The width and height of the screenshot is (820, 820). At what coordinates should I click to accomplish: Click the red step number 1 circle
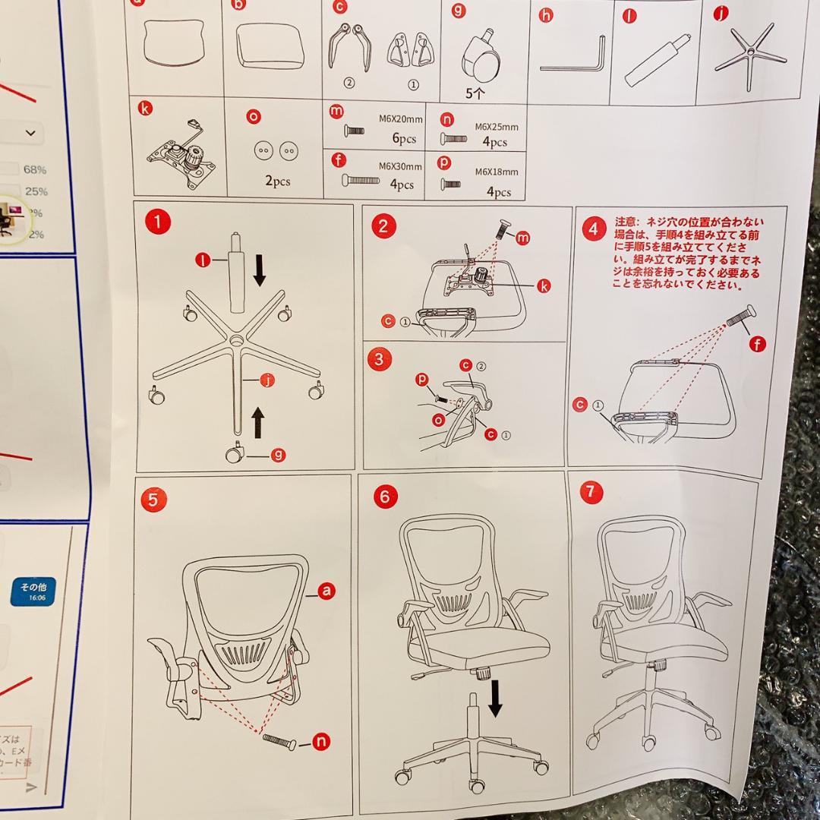157,222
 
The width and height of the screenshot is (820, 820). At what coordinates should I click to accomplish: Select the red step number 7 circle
591,491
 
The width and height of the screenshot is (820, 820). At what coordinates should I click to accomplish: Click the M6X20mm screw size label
400,118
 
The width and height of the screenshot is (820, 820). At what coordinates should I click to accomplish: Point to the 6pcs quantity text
404,139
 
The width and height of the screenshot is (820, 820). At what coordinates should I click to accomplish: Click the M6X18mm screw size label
497,172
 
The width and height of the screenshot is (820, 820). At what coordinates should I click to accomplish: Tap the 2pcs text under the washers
277,181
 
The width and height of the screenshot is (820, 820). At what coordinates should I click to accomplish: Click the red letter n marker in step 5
322,742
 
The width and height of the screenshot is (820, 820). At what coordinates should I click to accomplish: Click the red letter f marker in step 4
757,345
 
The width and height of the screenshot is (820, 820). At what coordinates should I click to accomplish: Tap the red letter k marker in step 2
544,285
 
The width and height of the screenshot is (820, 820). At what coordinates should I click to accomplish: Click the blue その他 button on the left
33,591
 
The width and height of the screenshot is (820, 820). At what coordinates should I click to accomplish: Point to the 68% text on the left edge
35,169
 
